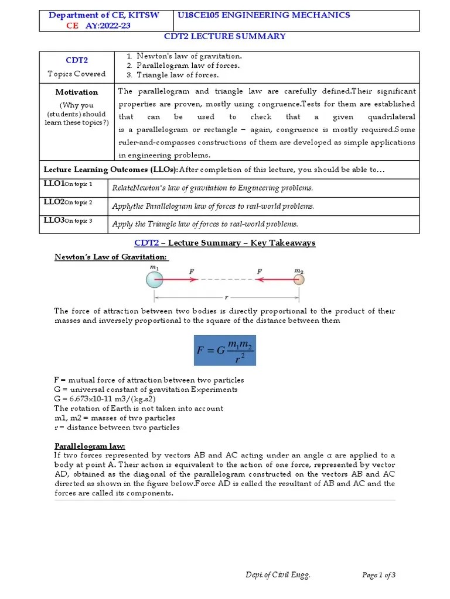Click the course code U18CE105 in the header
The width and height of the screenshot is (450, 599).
202,15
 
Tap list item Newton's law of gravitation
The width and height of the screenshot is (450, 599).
189,56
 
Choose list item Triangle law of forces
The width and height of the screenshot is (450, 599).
178,75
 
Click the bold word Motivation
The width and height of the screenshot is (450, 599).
76,92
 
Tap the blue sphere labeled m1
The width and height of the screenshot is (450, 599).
154,280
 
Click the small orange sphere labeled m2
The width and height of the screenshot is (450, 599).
299,280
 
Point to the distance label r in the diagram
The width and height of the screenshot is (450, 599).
226,297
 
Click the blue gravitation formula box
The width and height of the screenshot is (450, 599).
225,350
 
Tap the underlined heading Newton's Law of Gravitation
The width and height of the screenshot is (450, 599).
111,257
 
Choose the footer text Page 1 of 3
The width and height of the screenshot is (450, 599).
379,575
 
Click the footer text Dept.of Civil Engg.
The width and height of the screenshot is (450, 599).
278,575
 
